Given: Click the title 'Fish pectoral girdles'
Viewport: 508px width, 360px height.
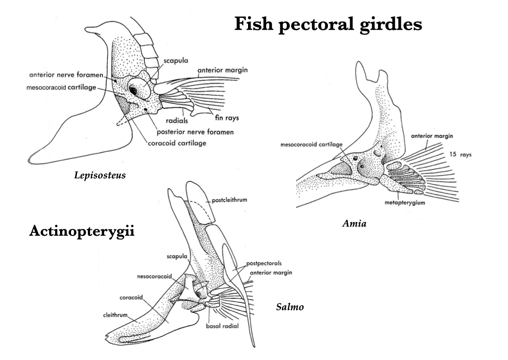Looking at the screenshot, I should tap(328, 24).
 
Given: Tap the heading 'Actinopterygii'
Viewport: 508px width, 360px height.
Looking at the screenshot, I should tap(82, 231).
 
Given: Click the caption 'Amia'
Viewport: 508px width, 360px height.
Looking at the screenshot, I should tap(354, 224).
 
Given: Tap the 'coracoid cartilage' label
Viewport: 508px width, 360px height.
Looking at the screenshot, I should tap(177, 143).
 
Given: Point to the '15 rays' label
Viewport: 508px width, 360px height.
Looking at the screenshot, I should tap(460, 154).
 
